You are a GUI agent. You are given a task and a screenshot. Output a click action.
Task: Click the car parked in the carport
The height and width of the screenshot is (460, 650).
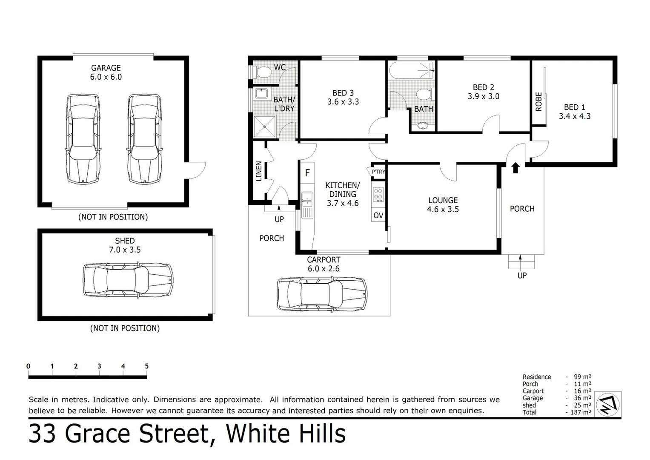322,293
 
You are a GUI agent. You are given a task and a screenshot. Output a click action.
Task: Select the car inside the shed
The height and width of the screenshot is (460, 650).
128,279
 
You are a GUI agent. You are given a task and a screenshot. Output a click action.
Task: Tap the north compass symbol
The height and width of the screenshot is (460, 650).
608,404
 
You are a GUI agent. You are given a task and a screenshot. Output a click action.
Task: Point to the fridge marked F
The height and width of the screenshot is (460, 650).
307,173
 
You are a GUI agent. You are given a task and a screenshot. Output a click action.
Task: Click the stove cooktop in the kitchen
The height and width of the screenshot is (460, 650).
378,195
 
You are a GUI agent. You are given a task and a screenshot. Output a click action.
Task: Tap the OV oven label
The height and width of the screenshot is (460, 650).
378,216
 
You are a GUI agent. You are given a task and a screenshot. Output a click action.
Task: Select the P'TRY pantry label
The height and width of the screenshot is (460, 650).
378,172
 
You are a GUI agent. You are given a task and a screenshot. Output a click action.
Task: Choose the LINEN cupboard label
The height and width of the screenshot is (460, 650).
259,171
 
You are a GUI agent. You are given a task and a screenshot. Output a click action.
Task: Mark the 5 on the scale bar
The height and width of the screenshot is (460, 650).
146,366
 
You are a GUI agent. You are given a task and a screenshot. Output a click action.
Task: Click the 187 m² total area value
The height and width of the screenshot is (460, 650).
581,412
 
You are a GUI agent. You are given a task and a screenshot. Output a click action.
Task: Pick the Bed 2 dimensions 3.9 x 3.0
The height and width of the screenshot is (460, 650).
483,97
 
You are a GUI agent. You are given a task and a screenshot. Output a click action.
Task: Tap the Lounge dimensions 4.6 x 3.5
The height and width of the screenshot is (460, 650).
443,210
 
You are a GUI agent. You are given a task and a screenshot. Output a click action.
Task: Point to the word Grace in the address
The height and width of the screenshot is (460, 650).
100,434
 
